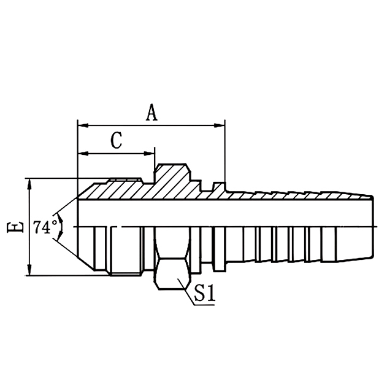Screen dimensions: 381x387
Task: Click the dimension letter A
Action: coord(151,112)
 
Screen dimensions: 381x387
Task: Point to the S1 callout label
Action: coord(205,294)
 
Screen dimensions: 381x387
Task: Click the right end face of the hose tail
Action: coord(373,227)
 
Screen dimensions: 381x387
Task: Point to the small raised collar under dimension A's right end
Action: coord(218,187)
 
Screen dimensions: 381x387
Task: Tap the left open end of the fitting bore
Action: coord(79,227)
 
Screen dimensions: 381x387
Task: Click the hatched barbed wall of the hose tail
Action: coord(294,196)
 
